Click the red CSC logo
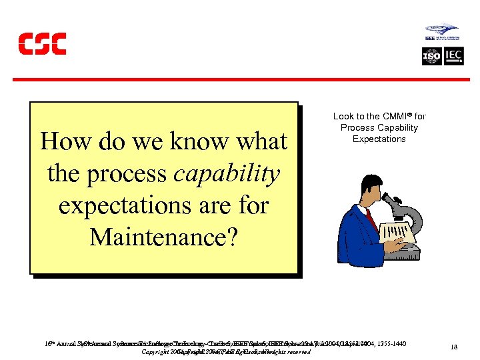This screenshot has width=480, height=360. (x=42, y=43)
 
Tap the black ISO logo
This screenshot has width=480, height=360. (x=432, y=57)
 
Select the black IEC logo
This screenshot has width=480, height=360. (x=451, y=57)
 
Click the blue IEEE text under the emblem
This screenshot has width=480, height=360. (x=430, y=39)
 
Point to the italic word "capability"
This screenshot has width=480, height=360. (x=226, y=173)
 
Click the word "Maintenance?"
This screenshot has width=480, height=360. (x=163, y=237)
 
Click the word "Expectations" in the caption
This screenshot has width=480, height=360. (x=379, y=139)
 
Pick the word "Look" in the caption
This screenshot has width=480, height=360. (x=343, y=116)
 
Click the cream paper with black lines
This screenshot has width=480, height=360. (x=397, y=230)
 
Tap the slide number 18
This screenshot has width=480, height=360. (x=453, y=347)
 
